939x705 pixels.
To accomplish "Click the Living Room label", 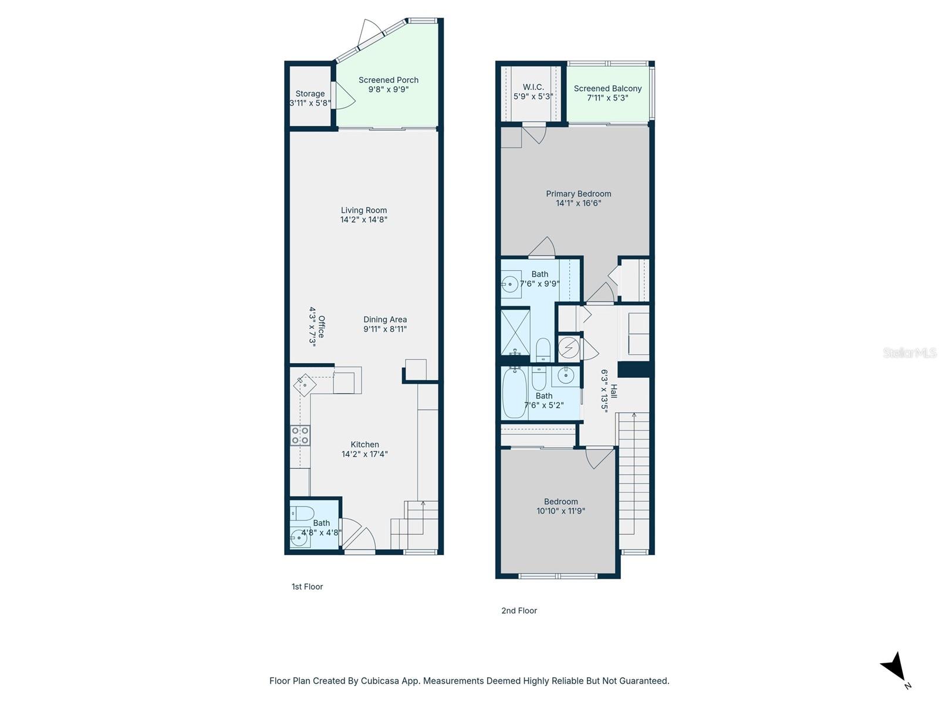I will point(364,210).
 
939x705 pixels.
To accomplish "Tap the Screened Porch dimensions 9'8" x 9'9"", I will point(388,90).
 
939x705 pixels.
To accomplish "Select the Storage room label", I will point(310,93).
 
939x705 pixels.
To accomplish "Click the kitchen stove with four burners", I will point(300,435).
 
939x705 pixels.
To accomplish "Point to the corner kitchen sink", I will point(305,385).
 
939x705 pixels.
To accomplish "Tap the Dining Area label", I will point(384,320).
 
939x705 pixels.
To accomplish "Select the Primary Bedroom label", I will point(578,194).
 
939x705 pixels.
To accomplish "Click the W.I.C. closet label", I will point(533,87).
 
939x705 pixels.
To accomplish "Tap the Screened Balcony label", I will point(607,89).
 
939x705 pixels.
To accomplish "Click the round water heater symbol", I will point(568,348).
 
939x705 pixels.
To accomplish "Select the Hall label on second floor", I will point(614,391).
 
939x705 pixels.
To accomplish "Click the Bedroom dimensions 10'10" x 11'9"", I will point(560,511).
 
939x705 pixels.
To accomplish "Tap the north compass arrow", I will point(895,668).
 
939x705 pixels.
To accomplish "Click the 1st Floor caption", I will point(307,586).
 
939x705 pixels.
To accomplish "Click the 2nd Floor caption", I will point(519,610).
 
